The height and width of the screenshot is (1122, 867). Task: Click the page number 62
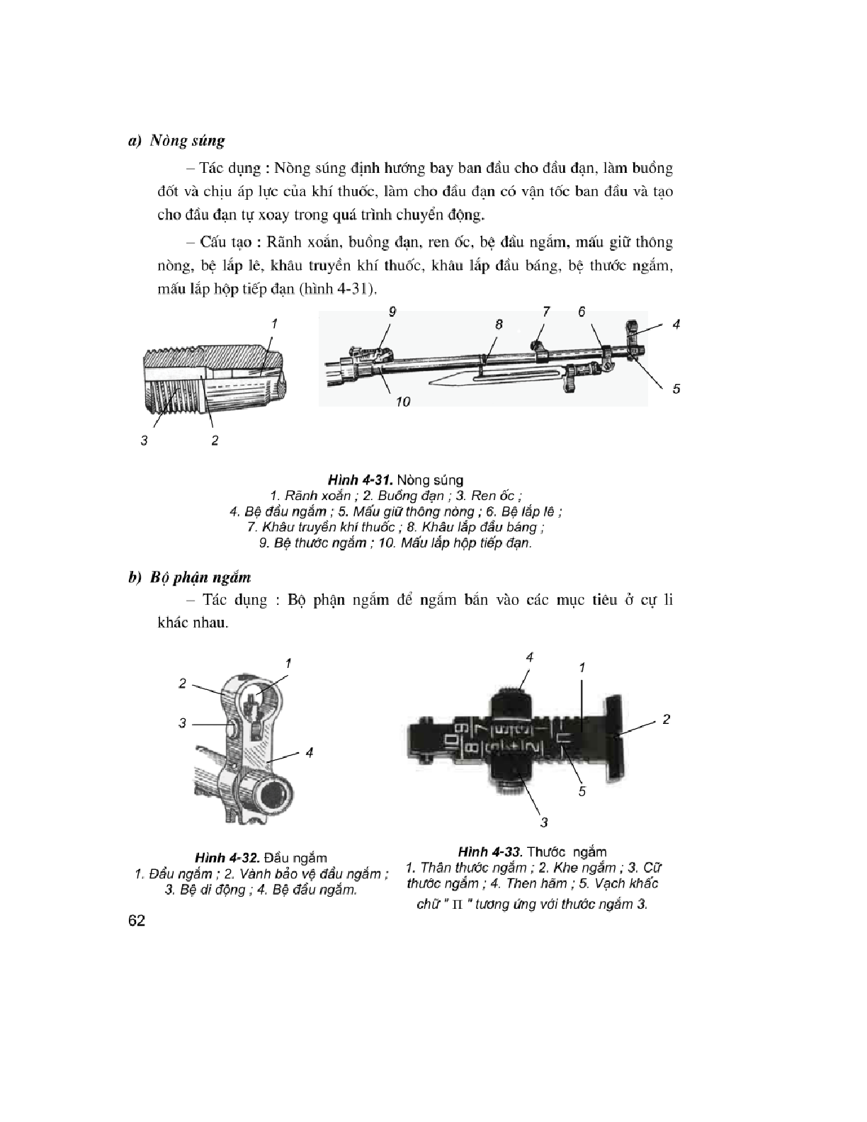[x=137, y=921]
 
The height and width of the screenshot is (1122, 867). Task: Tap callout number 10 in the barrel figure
[x=403, y=402]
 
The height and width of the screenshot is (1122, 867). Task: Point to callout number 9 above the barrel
[x=392, y=310]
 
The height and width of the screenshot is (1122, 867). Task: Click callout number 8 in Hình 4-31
[x=499, y=323]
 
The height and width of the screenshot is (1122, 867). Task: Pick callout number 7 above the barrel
[x=546, y=310]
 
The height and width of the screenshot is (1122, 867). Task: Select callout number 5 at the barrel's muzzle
[x=676, y=388]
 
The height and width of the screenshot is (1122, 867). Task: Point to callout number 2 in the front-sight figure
[x=183, y=683]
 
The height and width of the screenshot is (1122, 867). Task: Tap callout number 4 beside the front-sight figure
[x=310, y=752]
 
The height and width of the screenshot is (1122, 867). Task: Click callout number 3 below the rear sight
[x=544, y=822]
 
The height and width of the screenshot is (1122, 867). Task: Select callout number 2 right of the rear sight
[x=666, y=720]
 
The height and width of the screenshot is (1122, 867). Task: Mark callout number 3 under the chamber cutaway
[x=144, y=441]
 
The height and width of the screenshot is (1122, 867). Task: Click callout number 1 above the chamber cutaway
[x=273, y=323]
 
